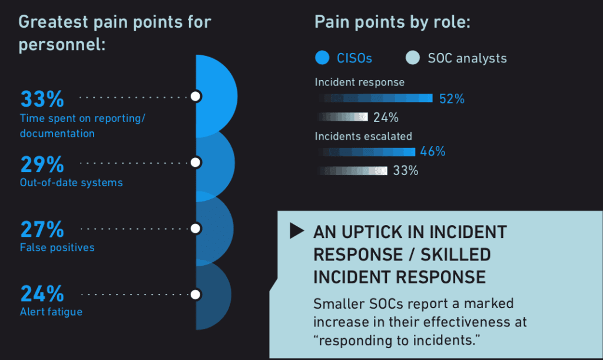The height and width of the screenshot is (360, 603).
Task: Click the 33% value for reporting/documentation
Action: click(x=42, y=98)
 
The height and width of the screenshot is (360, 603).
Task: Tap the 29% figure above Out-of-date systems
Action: click(x=42, y=164)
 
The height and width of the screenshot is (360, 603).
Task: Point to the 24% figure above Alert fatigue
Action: click(x=42, y=293)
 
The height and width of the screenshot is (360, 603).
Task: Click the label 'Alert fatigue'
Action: click(x=51, y=312)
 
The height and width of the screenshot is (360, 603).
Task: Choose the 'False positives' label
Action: click(x=57, y=247)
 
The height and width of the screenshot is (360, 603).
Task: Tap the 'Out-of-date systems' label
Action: click(x=71, y=183)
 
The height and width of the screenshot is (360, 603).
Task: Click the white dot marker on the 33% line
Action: click(x=196, y=96)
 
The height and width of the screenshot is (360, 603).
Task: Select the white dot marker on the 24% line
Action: click(x=196, y=294)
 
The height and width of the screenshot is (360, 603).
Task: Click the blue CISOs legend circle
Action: click(x=322, y=58)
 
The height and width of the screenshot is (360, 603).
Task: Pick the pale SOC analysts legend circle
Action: click(x=413, y=58)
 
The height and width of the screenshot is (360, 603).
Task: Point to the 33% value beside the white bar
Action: click(x=405, y=171)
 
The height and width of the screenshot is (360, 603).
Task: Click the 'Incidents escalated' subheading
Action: click(x=363, y=136)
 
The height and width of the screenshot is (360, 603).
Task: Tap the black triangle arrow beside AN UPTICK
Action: click(x=297, y=232)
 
